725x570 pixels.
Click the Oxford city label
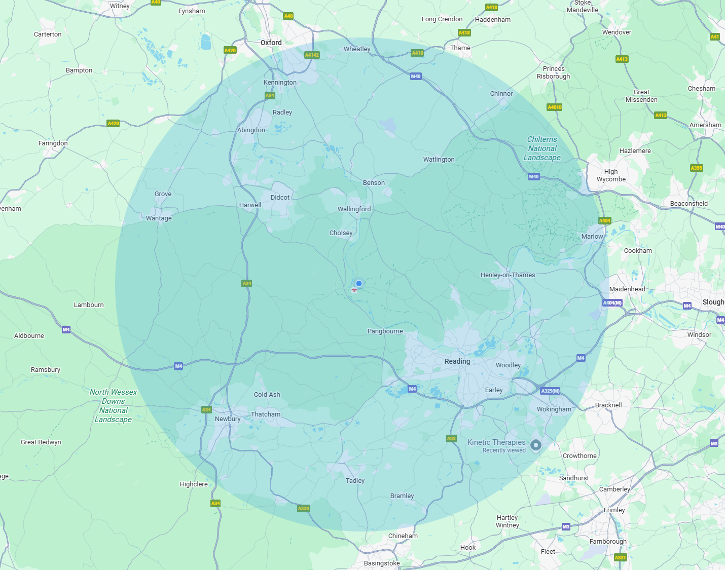click(271, 43)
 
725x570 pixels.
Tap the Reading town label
click(457, 361)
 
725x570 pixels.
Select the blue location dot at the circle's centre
click(359, 283)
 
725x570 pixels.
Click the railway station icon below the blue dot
click(354, 290)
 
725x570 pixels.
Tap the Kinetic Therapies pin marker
click(536, 445)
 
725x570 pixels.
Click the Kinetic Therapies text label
click(496, 442)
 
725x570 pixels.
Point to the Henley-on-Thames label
click(507, 275)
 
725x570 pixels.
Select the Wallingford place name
click(354, 209)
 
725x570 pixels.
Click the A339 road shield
click(303, 508)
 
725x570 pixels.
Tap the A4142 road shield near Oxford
click(312, 55)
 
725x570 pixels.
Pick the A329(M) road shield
click(550, 391)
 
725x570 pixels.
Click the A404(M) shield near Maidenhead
click(612, 302)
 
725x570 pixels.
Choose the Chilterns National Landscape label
click(542, 148)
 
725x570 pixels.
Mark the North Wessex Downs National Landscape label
click(113, 406)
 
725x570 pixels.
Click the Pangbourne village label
click(385, 331)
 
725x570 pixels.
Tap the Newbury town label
click(228, 419)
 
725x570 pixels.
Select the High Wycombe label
click(611, 175)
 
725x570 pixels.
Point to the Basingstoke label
click(382, 563)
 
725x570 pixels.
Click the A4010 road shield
click(555, 107)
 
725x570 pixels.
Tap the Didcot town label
click(280, 198)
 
